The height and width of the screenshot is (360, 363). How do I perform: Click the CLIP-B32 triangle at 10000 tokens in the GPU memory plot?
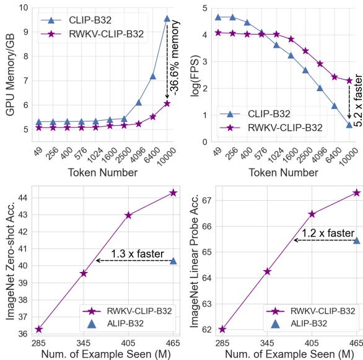coord(167,19)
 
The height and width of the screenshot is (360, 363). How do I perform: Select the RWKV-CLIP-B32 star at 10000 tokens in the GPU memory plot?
coord(167,103)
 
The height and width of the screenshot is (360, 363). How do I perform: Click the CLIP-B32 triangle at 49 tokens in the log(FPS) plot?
coord(218,17)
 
